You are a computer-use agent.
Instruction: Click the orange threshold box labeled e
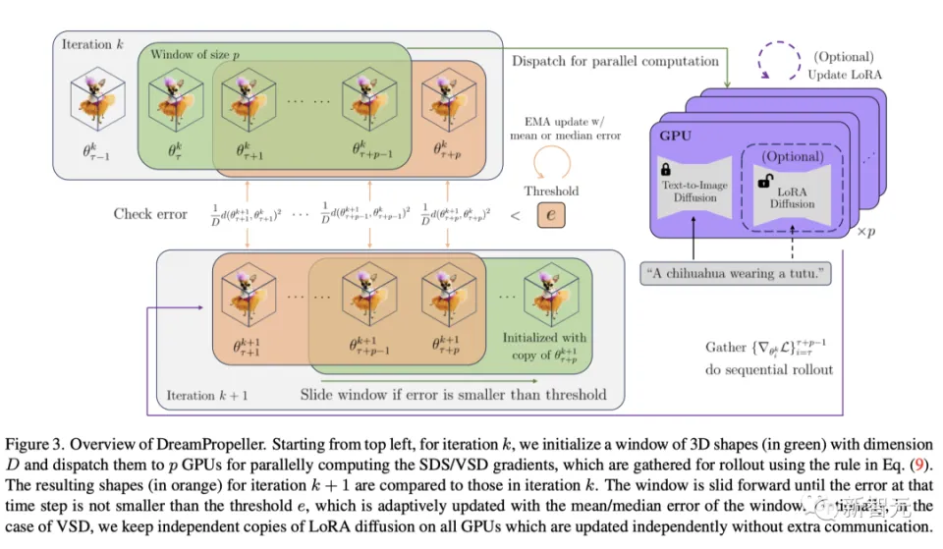click(551, 214)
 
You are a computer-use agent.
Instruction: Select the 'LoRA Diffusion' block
click(792, 196)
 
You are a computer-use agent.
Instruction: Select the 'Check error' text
click(150, 213)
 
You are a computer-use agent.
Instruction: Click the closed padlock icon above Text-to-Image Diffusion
click(666, 169)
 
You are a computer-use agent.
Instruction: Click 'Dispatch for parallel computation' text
click(615, 61)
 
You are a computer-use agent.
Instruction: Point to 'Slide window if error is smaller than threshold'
click(453, 395)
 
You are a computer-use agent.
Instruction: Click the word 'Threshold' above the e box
click(551, 191)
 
